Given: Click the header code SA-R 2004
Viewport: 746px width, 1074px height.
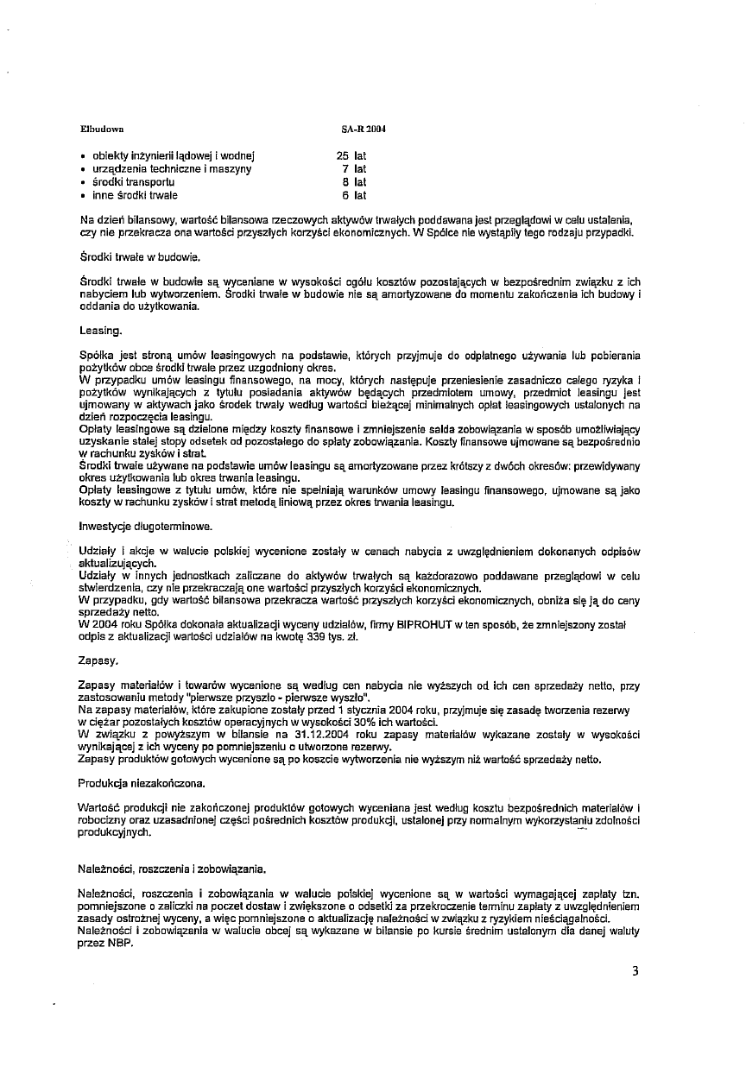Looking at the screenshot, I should pyautogui.click(x=364, y=129).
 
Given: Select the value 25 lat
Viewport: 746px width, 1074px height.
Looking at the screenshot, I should pyautogui.click(x=351, y=156).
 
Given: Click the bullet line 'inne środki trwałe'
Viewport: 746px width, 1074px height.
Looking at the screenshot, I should pyautogui.click(x=134, y=195).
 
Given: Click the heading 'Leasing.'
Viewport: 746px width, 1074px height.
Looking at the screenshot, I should pyautogui.click(x=101, y=330).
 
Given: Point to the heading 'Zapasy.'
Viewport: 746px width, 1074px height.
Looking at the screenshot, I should pyautogui.click(x=98, y=660).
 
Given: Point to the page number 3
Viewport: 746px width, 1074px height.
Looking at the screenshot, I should pyautogui.click(x=635, y=971).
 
